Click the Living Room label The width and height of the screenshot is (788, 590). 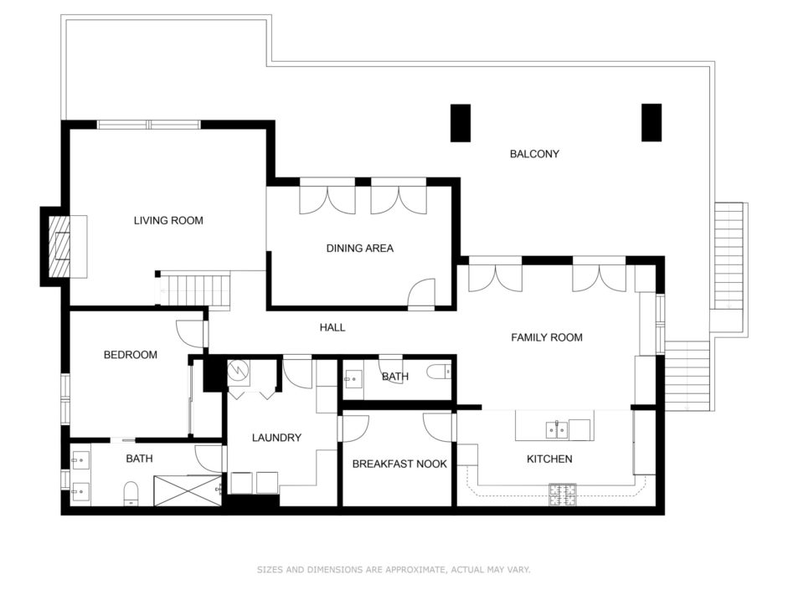168,220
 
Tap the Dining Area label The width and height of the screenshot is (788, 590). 360,248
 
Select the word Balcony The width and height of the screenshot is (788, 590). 534,154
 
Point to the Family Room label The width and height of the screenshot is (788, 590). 547,337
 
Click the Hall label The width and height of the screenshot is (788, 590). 332,327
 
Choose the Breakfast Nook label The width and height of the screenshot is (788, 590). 399,464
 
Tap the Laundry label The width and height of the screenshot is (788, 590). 276,438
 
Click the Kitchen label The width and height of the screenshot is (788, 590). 549,459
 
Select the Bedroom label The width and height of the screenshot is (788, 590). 130,355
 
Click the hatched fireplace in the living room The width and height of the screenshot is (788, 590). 59,247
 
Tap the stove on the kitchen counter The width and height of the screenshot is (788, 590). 563,495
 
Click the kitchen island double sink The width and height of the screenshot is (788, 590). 556,430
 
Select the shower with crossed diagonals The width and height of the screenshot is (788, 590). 188,490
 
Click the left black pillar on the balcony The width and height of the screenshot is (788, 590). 461,123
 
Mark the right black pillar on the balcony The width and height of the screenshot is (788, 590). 652,122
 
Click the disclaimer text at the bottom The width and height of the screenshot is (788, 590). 394,569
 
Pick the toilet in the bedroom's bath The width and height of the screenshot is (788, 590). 131,493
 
